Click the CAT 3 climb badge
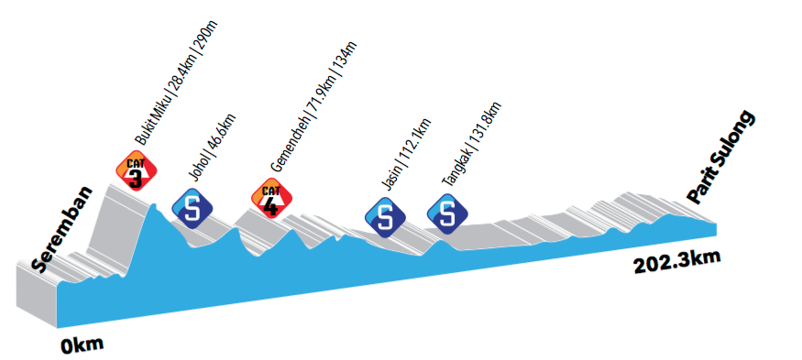point(136,171)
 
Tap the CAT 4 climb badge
point(271,199)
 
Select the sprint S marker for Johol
point(192,209)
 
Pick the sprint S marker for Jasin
point(385,217)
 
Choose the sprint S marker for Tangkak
point(447,214)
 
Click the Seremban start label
point(62,229)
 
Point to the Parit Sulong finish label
point(721,158)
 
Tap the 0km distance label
point(82,345)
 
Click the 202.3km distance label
point(677,262)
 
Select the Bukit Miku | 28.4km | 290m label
point(176,83)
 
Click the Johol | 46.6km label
point(213,147)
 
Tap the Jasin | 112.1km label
point(407,155)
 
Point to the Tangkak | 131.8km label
point(471,144)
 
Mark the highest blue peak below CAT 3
point(153,204)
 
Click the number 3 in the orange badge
point(136,179)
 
